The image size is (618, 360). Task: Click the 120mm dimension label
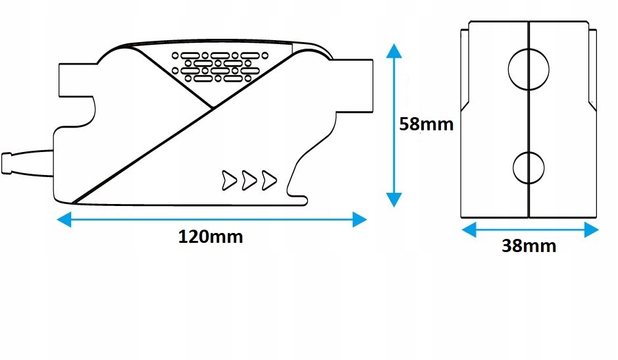pos(211,237)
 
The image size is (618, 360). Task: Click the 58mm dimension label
pos(426,124)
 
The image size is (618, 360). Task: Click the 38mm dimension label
pos(528,246)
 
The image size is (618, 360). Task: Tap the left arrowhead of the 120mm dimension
pos(63,220)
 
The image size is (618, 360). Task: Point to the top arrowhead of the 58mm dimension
pos(393,52)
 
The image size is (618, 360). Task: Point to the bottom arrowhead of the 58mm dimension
pos(393,199)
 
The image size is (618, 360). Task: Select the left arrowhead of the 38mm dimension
pos(468,229)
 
